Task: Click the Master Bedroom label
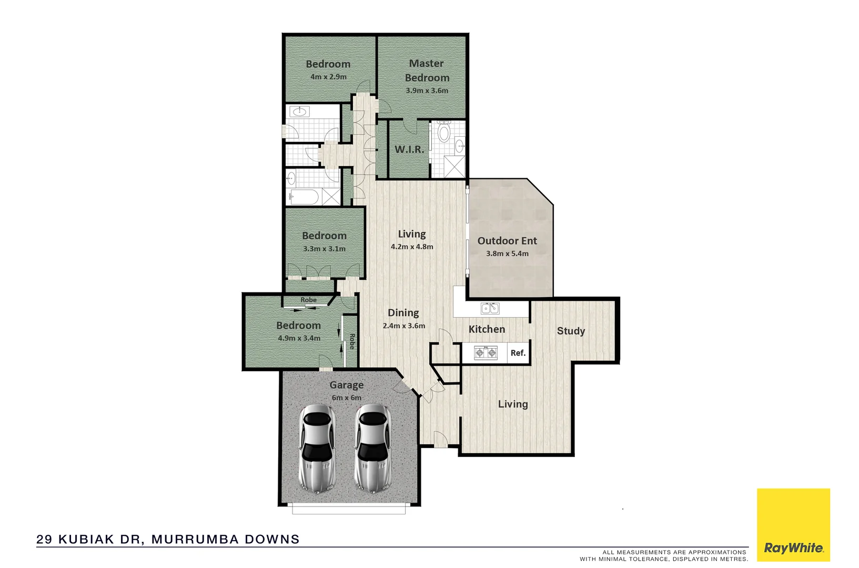pyautogui.click(x=427, y=70)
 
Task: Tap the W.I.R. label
pyautogui.click(x=409, y=149)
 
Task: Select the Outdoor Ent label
pyautogui.click(x=507, y=241)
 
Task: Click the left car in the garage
pyautogui.click(x=317, y=448)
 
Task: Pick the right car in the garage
pyautogui.click(x=373, y=448)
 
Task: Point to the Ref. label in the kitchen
pyautogui.click(x=518, y=353)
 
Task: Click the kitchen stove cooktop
pyautogui.click(x=486, y=352)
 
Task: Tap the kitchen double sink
pyautogui.click(x=490, y=308)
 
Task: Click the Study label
pyautogui.click(x=571, y=331)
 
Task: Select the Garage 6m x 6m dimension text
pyautogui.click(x=347, y=398)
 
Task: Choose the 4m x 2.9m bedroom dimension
pyautogui.click(x=328, y=77)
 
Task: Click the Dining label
pyautogui.click(x=403, y=313)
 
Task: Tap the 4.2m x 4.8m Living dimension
pyautogui.click(x=412, y=247)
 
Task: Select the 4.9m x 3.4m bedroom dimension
pyautogui.click(x=299, y=338)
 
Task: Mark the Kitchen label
pyautogui.click(x=487, y=329)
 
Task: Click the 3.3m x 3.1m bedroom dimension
pyautogui.click(x=324, y=249)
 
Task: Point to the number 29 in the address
pyautogui.click(x=44, y=539)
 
